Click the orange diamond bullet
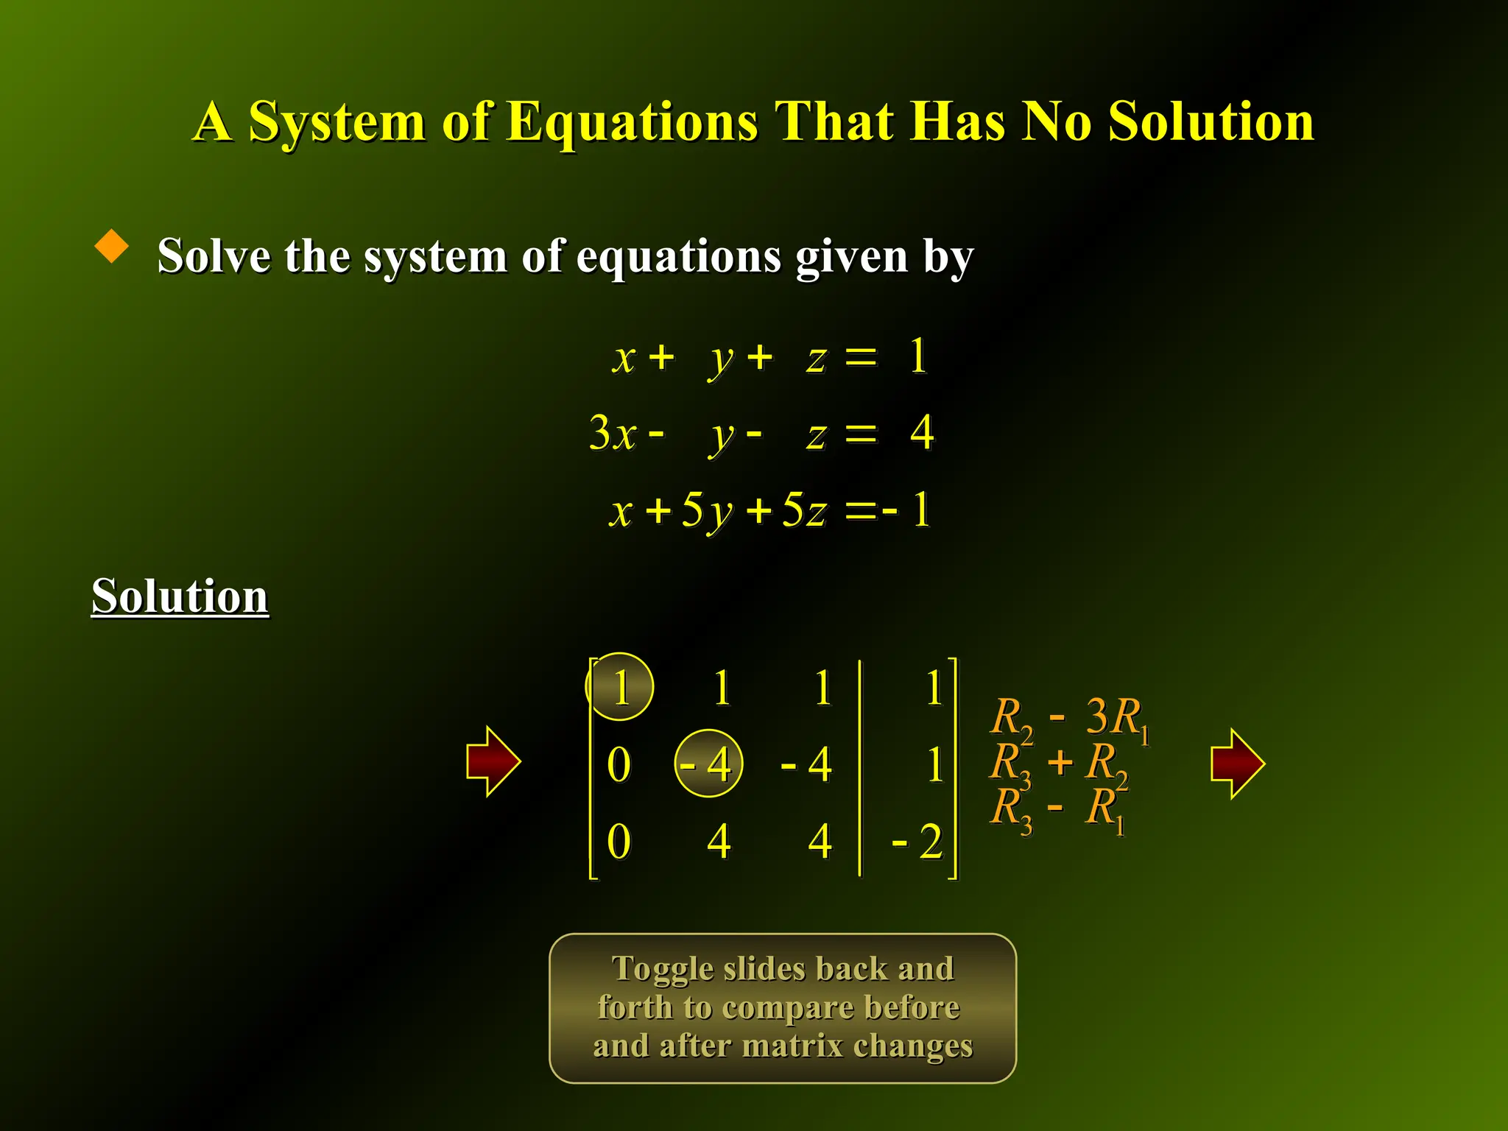coord(112,246)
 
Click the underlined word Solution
coord(180,596)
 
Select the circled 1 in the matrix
coord(619,687)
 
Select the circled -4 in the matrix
coord(708,764)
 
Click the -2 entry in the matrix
coord(918,841)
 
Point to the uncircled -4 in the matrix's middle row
coord(807,764)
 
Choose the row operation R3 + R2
coord(1059,763)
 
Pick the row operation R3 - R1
coord(1057,808)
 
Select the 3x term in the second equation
coord(612,433)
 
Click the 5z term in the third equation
coord(804,510)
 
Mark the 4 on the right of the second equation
coord(922,432)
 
